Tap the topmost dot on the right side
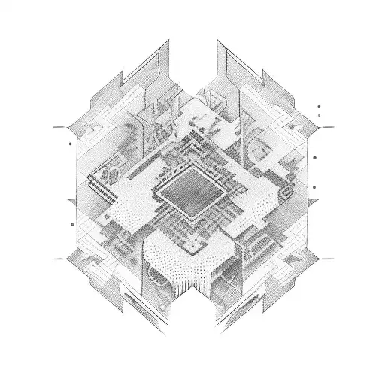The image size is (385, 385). [x=320, y=107]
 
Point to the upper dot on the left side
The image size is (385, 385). [x=69, y=141]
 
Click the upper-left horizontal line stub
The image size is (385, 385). [x=60, y=128]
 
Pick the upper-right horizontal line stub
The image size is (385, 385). [x=326, y=128]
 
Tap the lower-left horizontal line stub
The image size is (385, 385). [x=60, y=259]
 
